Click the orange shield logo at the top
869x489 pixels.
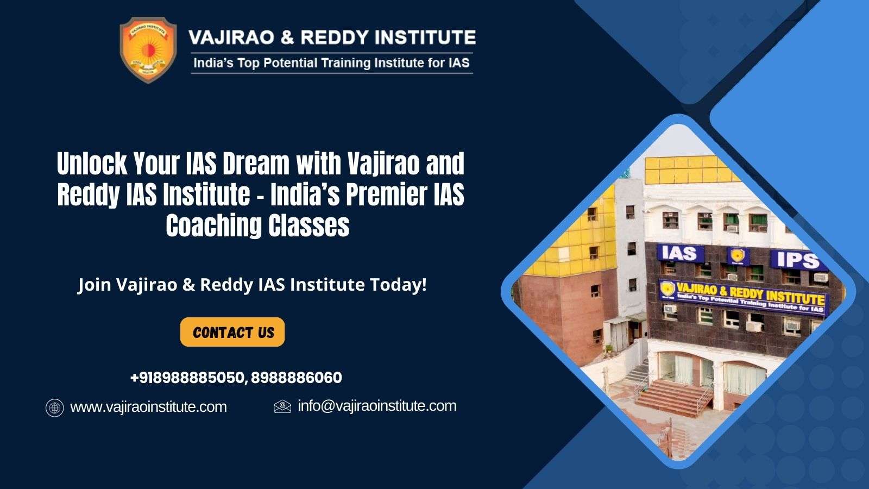tap(148, 50)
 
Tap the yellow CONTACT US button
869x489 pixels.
tap(232, 332)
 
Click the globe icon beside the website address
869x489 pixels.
tap(55, 408)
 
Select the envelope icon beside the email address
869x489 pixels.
tap(282, 406)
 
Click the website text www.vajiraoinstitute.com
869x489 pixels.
tap(148, 407)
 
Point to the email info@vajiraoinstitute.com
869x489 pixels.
tap(377, 406)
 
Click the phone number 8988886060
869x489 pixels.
tap(297, 378)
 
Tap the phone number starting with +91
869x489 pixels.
tap(188, 378)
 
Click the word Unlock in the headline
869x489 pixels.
tap(92, 164)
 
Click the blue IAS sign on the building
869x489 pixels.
tap(680, 253)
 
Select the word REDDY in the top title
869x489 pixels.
tap(335, 37)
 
